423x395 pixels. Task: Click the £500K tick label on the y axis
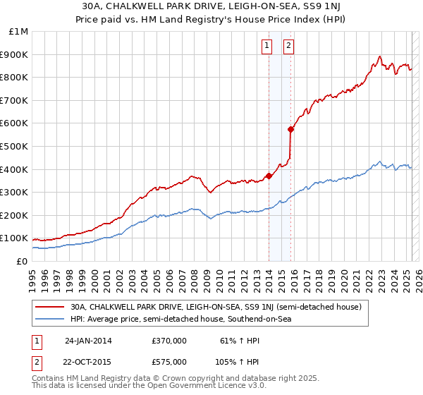pos(16,146)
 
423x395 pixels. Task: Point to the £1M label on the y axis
pos(18,32)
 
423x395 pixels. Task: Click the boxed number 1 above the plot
pos(268,47)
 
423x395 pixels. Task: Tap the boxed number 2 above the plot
pos(290,47)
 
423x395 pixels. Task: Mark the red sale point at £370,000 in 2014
pos(269,176)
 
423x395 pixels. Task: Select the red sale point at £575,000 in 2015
pos(290,129)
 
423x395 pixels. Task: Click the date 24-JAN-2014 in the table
pos(88,340)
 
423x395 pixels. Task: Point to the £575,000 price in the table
pos(169,361)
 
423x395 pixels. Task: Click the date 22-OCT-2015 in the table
pos(88,361)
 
